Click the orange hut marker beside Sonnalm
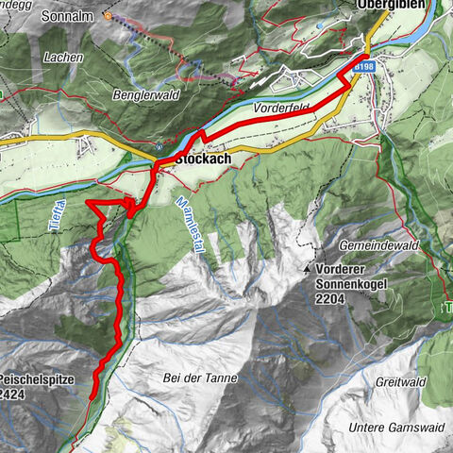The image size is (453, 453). pos(108,16)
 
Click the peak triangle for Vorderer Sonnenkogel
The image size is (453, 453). pos(308,269)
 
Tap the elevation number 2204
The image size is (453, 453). pos(331,297)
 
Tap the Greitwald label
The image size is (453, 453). pos(400,383)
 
